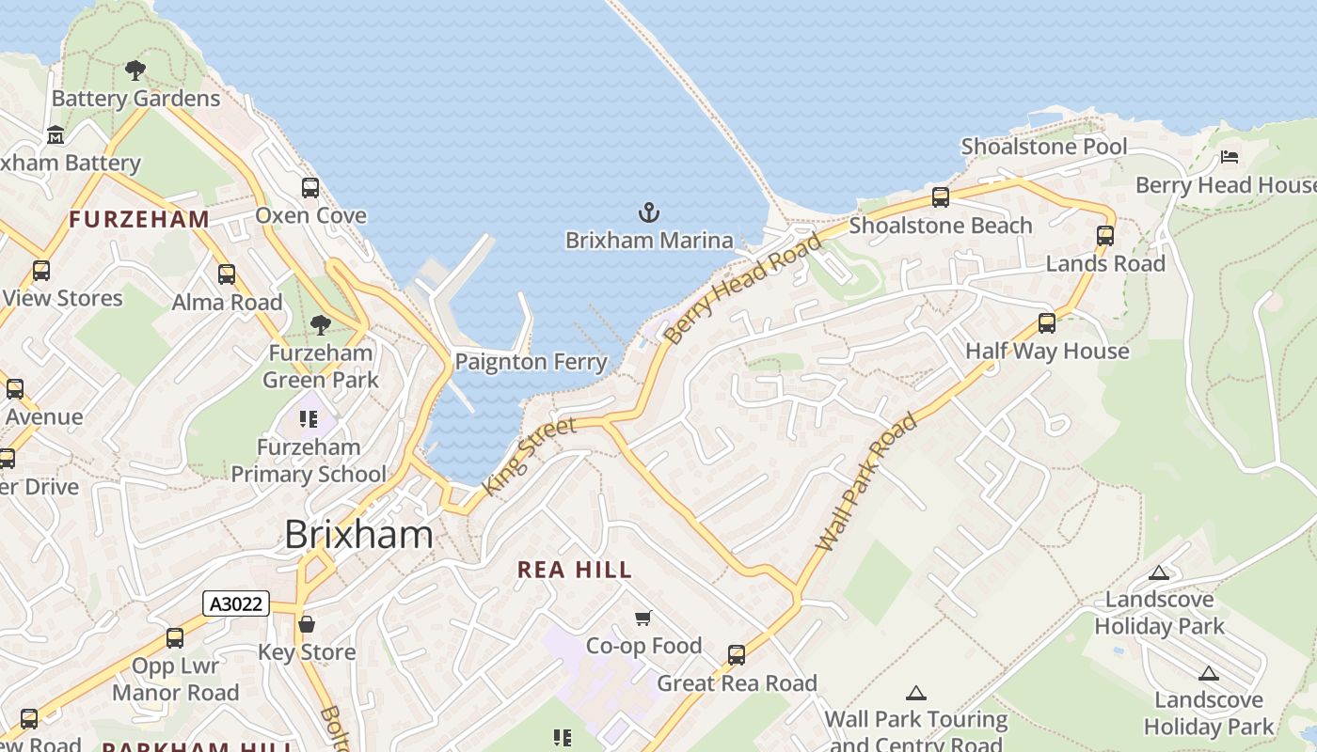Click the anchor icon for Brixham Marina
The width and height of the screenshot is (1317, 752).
(x=649, y=211)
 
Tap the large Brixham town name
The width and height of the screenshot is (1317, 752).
(x=358, y=535)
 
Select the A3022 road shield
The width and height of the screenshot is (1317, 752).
(x=236, y=603)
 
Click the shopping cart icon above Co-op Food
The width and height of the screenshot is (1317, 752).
(x=643, y=618)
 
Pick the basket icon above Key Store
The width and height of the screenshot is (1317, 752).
(x=307, y=624)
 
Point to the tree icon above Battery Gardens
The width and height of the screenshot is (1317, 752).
(x=135, y=70)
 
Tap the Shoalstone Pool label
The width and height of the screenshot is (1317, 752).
(x=1043, y=147)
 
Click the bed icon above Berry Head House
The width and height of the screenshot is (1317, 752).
(x=1229, y=157)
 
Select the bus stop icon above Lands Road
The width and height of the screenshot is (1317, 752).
(x=1105, y=236)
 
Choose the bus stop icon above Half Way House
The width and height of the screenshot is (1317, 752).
(x=1047, y=323)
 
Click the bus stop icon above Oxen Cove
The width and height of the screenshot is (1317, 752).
(x=310, y=188)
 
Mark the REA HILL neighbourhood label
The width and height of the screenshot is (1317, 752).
(x=575, y=570)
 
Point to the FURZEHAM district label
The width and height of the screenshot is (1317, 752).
(x=139, y=220)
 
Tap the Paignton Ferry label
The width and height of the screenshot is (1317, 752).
(x=531, y=361)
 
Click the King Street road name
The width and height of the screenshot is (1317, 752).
(x=529, y=458)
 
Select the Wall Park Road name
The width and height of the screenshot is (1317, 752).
(x=866, y=482)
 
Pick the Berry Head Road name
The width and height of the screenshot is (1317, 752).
(x=742, y=288)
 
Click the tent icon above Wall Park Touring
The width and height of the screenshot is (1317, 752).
(x=915, y=694)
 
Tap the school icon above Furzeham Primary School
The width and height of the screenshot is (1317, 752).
(x=309, y=418)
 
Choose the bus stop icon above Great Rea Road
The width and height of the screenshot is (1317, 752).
(x=737, y=654)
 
